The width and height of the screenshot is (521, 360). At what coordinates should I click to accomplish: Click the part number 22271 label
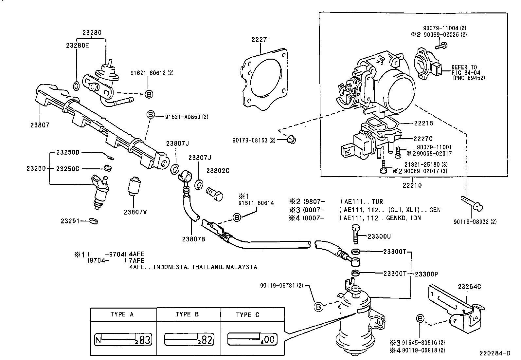(261, 40)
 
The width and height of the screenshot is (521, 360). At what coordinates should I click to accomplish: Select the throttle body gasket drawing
(264, 79)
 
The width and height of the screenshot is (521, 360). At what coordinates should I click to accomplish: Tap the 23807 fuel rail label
(40, 125)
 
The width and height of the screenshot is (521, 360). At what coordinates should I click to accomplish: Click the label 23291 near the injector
(70, 221)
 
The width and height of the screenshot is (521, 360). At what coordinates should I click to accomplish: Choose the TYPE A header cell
(122, 314)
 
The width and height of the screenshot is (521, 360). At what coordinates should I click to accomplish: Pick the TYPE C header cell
(248, 315)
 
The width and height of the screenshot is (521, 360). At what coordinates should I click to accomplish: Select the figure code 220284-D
(495, 353)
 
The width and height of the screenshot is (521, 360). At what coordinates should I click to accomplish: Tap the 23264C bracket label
(469, 287)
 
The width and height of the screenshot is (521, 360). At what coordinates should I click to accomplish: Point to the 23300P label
(426, 274)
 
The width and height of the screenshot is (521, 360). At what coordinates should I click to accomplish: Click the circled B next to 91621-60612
(149, 94)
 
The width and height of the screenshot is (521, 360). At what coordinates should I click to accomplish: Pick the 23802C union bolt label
(218, 171)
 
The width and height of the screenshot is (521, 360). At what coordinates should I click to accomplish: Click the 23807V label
(135, 212)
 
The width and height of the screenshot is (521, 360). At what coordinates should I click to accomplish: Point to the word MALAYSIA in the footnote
(242, 267)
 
